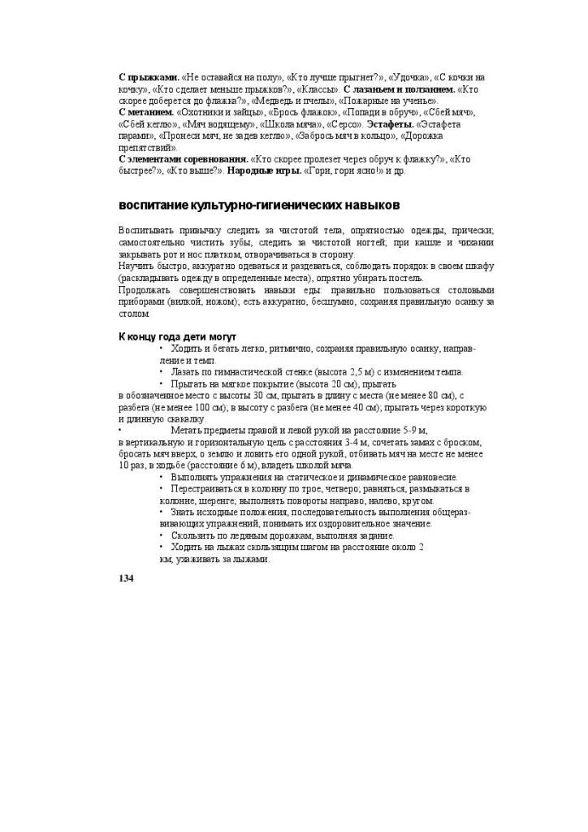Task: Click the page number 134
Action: pos(126,578)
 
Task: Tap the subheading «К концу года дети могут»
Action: pos(177,336)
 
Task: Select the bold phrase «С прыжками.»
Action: pos(149,76)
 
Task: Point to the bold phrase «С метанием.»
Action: pos(147,112)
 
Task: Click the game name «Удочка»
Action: pos(404,76)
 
